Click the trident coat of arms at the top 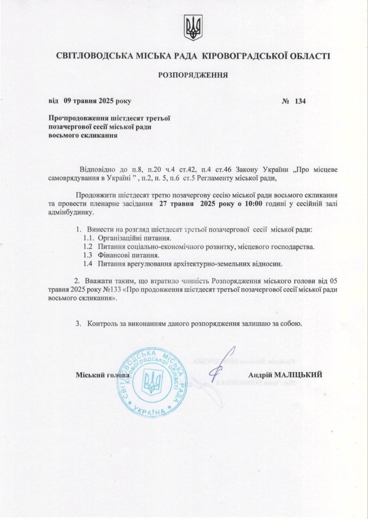[193, 28]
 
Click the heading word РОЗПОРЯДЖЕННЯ [193, 75]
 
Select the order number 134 [300, 101]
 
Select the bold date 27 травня [175, 204]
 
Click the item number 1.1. [89, 238]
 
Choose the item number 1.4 [88, 264]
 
